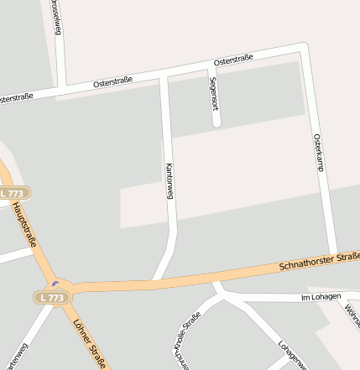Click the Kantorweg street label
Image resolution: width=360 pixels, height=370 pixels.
pyautogui.click(x=170, y=180)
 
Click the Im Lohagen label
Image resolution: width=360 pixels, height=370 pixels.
pyautogui.click(x=321, y=297)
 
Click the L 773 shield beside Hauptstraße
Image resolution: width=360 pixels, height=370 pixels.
pyautogui.click(x=14, y=193)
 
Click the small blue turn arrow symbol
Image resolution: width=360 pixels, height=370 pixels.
pyautogui.click(x=56, y=283)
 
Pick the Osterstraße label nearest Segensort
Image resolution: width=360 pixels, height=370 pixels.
pyautogui.click(x=233, y=60)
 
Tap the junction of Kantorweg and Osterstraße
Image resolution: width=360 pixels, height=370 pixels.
pyautogui.click(x=164, y=76)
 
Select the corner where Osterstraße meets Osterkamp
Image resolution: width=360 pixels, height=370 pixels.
pyautogui.click(x=303, y=47)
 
